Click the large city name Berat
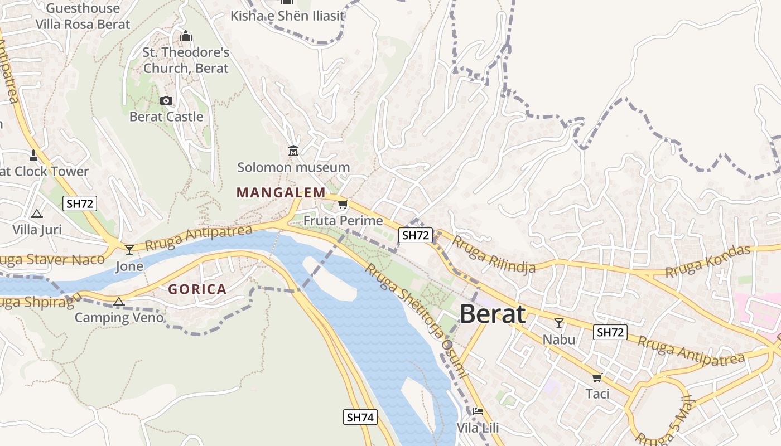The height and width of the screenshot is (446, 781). click(x=492, y=314)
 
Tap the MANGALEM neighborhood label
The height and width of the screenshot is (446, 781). click(x=281, y=193)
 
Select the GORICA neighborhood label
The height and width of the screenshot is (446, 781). click(x=197, y=289)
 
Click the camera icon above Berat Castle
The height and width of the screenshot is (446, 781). click(x=166, y=101)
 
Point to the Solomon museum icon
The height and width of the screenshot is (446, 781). click(x=293, y=151)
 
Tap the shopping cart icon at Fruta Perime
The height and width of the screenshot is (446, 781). click(x=343, y=205)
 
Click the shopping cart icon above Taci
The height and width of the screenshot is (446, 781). click(x=597, y=378)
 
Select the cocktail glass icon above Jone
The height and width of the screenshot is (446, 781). click(x=129, y=249)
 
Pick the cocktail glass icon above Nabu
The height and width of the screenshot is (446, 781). click(x=558, y=323)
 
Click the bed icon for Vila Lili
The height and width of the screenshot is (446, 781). click(x=478, y=412)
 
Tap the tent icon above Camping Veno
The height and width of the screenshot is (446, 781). click(x=118, y=302)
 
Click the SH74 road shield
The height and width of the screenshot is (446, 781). click(x=360, y=417)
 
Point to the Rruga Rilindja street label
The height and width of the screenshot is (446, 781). click(x=493, y=254)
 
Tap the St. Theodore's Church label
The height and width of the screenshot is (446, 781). click(x=186, y=60)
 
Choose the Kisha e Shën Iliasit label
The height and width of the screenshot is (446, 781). click(x=287, y=16)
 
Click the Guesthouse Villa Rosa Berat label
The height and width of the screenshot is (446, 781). click(x=83, y=16)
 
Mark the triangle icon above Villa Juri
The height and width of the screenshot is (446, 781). click(x=37, y=214)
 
